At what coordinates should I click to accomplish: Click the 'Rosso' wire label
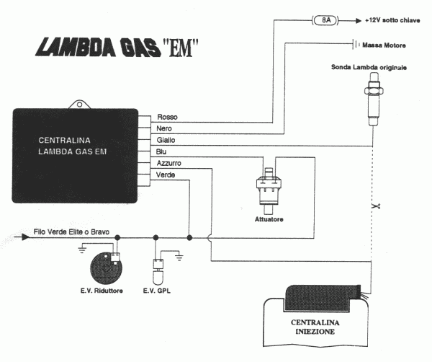[x=167, y=116]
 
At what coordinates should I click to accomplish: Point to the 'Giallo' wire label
[x=166, y=139]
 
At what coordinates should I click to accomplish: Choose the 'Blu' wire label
[x=162, y=151]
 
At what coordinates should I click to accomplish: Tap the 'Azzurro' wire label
[x=169, y=164]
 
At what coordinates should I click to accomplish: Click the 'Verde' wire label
[x=166, y=175]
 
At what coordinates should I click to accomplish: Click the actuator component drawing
[x=271, y=187]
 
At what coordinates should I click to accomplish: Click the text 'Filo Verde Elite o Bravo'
[x=73, y=234]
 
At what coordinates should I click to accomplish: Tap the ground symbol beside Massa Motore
[x=356, y=46]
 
